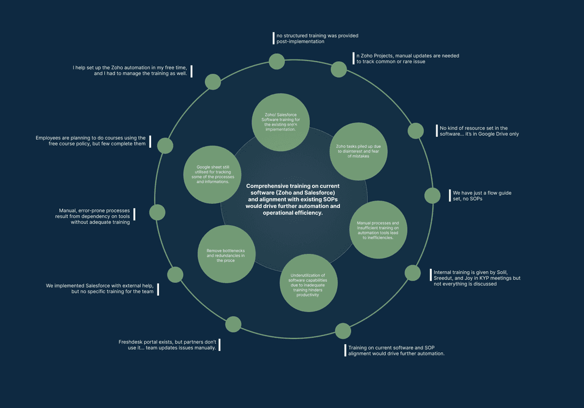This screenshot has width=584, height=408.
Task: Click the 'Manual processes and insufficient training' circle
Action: tap(378, 229)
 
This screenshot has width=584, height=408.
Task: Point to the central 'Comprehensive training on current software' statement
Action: tap(293, 199)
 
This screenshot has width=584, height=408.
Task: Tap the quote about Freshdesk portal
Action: tap(168, 345)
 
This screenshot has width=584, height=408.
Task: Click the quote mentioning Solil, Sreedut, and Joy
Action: tap(477, 277)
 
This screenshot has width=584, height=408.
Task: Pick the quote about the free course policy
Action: tap(91, 140)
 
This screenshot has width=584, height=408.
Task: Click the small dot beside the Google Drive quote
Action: tap(416, 131)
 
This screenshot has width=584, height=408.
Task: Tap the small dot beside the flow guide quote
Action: tap(432, 196)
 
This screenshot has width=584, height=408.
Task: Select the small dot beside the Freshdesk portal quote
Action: tap(233, 325)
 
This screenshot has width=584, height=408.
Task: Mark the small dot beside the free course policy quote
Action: tap(165, 146)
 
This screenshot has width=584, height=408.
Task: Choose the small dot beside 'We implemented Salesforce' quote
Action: tap(175, 274)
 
